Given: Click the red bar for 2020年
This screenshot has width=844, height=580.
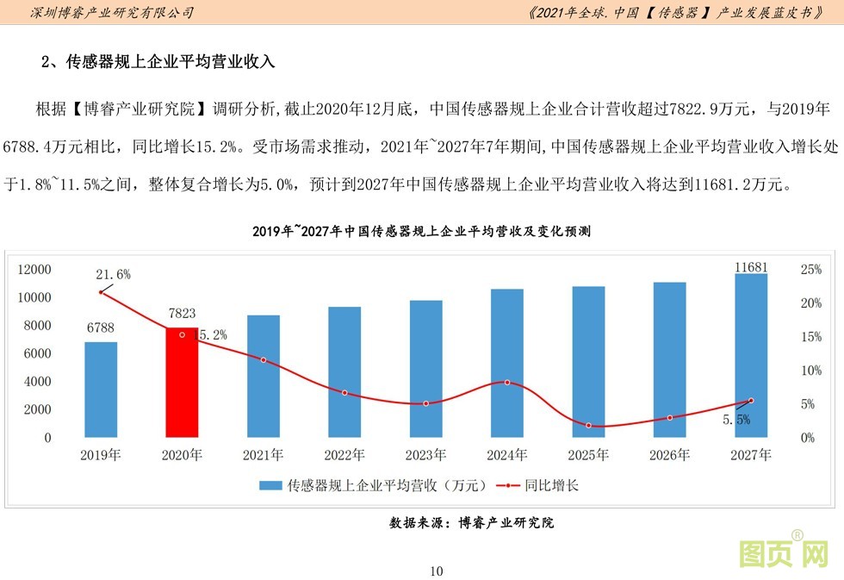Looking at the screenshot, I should [x=182, y=383].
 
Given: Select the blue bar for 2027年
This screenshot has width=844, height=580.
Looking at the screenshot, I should [x=751, y=356].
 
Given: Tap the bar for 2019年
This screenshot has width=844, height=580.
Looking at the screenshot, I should [x=101, y=390].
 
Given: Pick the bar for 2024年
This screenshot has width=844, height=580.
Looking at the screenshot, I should [x=506, y=363].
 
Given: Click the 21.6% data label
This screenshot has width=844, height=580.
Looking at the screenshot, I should [x=113, y=274].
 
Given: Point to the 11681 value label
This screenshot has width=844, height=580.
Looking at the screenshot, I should [x=751, y=267].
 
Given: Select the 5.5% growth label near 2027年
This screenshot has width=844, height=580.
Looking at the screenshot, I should [x=736, y=420].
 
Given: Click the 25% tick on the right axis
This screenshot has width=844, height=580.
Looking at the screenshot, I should [x=810, y=270].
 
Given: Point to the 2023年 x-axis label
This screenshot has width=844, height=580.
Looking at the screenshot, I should [x=425, y=454].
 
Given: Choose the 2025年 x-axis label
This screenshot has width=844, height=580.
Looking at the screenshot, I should [x=589, y=454].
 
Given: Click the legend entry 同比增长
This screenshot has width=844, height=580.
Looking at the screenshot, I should [x=551, y=485].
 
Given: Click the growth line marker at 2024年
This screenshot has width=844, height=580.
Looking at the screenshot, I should [x=507, y=383].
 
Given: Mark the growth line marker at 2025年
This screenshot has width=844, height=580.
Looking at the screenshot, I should [x=589, y=426].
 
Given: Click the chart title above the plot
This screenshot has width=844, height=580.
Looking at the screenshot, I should [x=421, y=232].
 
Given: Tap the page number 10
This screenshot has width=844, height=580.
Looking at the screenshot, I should [x=435, y=571].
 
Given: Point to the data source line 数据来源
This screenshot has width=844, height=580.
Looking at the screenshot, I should [x=471, y=522].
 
